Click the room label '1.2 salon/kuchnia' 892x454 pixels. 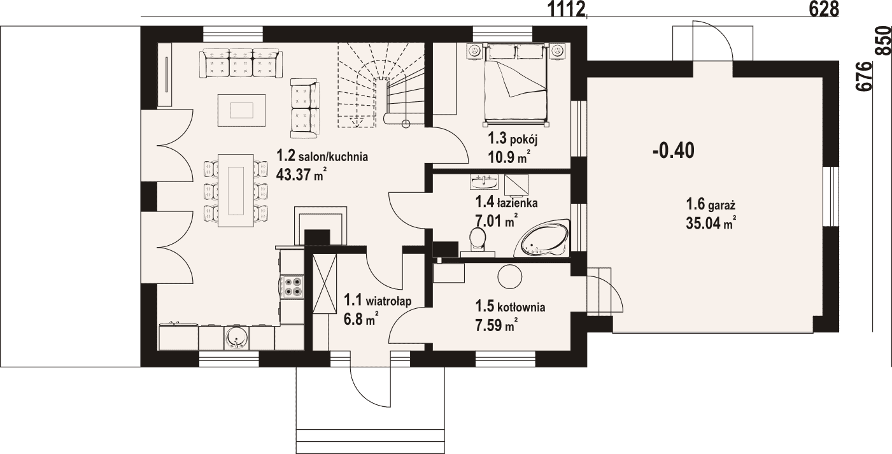[322, 156]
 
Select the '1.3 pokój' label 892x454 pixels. [513, 139]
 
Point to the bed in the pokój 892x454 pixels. [515, 81]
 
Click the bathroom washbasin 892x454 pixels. [483, 182]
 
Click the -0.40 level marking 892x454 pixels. [674, 152]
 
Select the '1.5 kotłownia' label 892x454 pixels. [510, 307]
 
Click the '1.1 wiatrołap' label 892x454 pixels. [378, 300]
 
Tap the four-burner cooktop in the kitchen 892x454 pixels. [292, 287]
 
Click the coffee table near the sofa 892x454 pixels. [242, 110]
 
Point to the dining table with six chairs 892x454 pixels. [236, 190]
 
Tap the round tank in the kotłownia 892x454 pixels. [510, 277]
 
